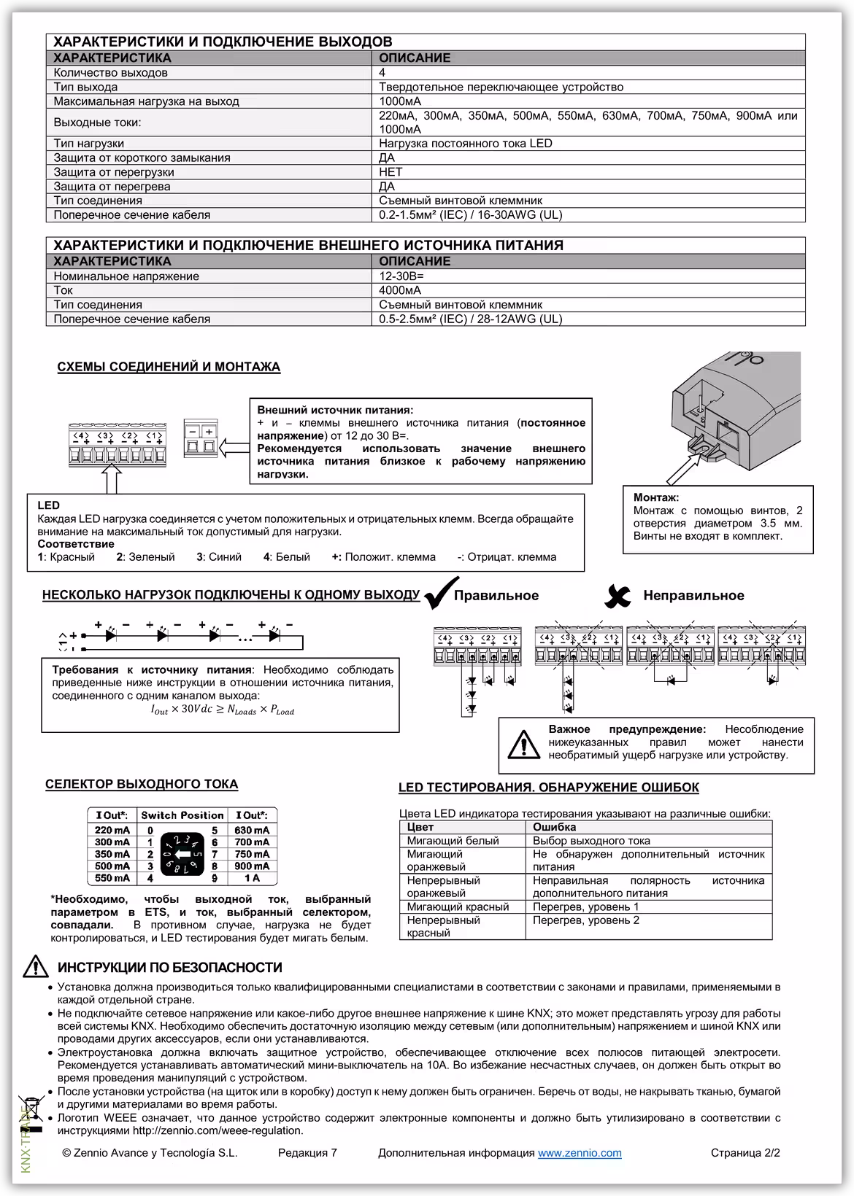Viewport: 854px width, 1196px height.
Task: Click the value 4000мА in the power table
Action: tap(400, 290)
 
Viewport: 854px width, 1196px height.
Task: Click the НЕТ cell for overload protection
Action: tap(391, 172)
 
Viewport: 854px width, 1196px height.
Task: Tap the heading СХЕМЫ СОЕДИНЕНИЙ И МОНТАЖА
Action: tap(169, 367)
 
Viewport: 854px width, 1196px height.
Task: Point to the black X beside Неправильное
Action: tap(618, 597)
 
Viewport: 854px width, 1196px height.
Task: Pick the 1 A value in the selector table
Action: tap(252, 878)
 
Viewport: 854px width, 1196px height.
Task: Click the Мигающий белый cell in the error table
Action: tap(453, 841)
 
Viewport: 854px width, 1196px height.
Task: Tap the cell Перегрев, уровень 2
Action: tap(585, 920)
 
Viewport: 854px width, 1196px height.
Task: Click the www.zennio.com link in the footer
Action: tap(580, 1153)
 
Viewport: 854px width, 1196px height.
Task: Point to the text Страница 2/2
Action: tap(745, 1153)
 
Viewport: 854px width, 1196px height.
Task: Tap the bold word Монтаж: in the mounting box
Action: tap(655, 497)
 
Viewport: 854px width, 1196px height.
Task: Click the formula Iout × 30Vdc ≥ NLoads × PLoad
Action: tap(222, 710)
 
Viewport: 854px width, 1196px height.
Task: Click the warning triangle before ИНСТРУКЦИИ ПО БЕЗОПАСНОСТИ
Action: tap(35, 968)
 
